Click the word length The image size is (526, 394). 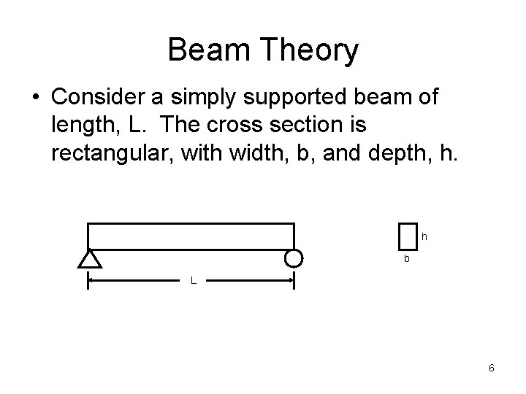click(83, 125)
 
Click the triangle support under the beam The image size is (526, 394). click(88, 258)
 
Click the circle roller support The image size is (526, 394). click(294, 258)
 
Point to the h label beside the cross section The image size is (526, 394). click(424, 237)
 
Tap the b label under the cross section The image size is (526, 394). click(408, 260)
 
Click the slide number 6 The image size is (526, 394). click(492, 368)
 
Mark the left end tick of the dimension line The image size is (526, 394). click(88, 281)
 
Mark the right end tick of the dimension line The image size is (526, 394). click(294, 281)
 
